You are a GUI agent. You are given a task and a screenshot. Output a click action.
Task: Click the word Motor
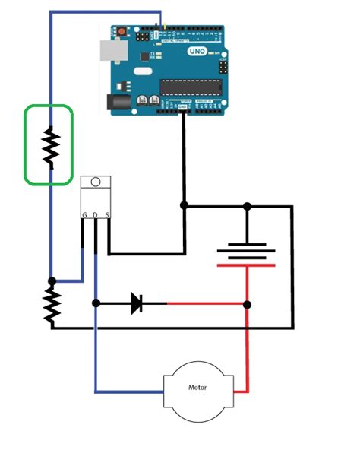coord(197,388)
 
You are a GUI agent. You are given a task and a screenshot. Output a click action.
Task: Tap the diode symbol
coord(137,303)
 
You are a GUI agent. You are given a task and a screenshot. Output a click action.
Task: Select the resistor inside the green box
coord(50,147)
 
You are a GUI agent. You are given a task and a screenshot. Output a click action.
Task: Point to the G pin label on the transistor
coord(84,215)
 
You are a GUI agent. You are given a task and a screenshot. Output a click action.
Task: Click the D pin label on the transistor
coord(95,215)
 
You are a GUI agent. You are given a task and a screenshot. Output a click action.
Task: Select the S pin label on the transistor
coord(107,215)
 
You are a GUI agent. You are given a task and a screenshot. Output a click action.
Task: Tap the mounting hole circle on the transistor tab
coord(95,182)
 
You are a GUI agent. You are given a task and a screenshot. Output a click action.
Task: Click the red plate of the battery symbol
coord(246,265)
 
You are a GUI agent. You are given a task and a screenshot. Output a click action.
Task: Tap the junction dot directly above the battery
coord(246,206)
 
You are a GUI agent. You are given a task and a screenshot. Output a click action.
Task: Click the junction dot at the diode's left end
coord(96,303)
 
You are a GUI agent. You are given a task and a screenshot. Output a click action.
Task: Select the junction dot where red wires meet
coord(246,304)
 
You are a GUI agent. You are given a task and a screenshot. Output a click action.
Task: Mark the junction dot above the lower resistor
coord(52,281)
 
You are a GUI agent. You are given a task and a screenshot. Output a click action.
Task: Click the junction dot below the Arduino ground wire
coord(184,206)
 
